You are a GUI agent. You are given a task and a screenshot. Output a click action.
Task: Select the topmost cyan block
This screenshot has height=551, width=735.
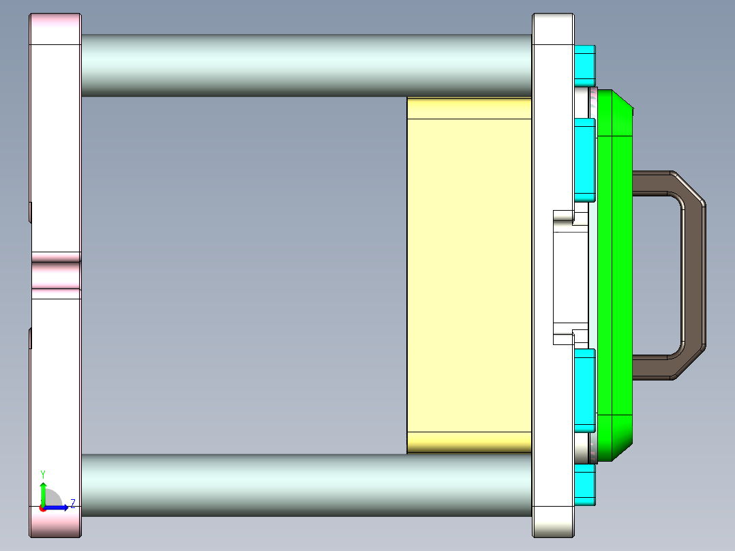tap(585, 61)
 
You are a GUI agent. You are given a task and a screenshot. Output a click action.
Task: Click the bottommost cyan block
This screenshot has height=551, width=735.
tap(585, 485)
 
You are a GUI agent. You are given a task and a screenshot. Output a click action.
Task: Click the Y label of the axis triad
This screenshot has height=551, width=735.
tap(43, 474)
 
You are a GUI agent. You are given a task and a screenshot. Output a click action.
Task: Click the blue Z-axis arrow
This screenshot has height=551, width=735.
tap(59, 507)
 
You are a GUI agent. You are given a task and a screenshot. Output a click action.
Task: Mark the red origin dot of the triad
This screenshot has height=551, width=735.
tap(42, 508)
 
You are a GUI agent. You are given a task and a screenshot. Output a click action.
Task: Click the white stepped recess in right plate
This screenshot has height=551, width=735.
tap(570, 276)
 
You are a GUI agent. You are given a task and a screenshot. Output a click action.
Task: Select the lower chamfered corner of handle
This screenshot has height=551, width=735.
tap(690, 363)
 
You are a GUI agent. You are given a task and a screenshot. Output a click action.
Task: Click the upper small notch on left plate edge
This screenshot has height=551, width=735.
tap(31, 211)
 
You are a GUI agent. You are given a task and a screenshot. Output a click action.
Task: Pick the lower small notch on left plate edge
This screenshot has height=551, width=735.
tap(31, 338)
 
